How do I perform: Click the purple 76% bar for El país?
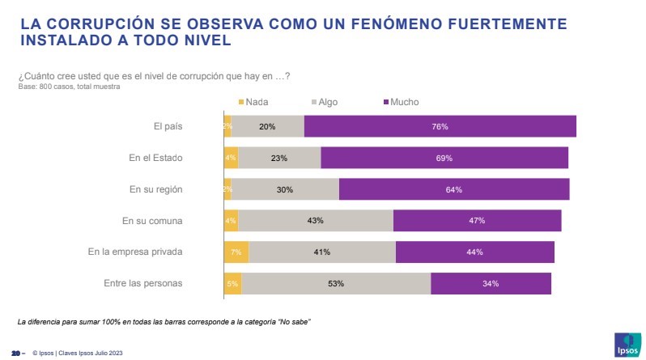(x=440, y=127)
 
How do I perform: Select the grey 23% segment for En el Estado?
(x=279, y=159)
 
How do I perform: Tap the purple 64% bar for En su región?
(x=453, y=190)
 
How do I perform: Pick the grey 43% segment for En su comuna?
(x=316, y=221)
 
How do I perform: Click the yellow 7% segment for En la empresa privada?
(x=236, y=252)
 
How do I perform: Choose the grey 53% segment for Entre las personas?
(x=336, y=284)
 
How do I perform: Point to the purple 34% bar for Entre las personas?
(x=491, y=284)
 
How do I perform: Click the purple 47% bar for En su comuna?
(x=477, y=221)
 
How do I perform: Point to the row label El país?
(x=168, y=127)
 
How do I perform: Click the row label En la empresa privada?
(x=135, y=252)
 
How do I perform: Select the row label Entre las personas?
(x=143, y=284)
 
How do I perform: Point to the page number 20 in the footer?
(x=15, y=353)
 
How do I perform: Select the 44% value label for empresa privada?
(x=474, y=252)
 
